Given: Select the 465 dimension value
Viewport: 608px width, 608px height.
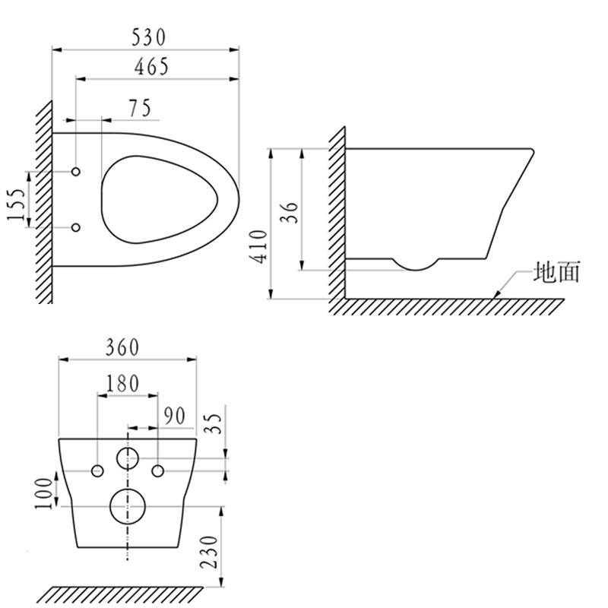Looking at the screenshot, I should pyautogui.click(x=151, y=66).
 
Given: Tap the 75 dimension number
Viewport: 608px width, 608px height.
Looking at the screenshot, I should pyautogui.click(x=138, y=109).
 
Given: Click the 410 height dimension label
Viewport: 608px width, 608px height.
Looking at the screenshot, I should pyautogui.click(x=259, y=246).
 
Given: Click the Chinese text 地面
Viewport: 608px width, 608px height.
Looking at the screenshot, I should pyautogui.click(x=557, y=272).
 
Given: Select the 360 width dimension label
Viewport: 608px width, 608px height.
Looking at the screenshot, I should pyautogui.click(x=122, y=347).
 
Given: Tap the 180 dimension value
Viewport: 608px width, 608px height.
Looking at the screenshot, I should pyautogui.click(x=122, y=384).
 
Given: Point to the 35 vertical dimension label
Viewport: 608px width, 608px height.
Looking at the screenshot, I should pyautogui.click(x=215, y=422).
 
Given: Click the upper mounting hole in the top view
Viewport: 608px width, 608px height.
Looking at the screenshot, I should pyautogui.click(x=76, y=173).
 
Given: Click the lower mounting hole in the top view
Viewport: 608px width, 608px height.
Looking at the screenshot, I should pyautogui.click(x=76, y=226).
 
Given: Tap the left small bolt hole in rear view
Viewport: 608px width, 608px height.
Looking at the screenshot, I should pyautogui.click(x=98, y=471).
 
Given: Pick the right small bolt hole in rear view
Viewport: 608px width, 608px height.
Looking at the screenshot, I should pyautogui.click(x=158, y=471).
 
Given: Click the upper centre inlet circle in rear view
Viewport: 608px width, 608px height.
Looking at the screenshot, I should pyautogui.click(x=127, y=458).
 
